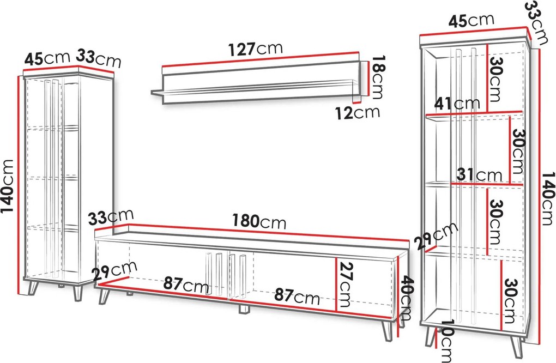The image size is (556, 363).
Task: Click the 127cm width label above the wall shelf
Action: coord(255,49)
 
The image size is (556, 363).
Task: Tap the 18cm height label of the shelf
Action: coord(376,77)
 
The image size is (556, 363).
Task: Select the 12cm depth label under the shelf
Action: coord(358,113)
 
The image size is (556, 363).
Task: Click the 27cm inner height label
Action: coord(346,285)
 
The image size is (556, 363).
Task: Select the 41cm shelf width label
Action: coord(457,104)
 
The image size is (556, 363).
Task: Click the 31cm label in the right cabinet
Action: coord(479,174)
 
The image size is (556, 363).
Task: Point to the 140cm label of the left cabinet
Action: coord(7,191)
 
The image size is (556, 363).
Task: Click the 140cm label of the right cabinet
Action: coord(548,198)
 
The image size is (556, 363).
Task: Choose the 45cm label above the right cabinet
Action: coord(472,21)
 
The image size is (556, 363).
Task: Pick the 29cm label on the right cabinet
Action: coord(436,237)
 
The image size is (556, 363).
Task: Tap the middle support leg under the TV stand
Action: coord(244,309)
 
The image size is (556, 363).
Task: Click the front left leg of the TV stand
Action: coord(105,297)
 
